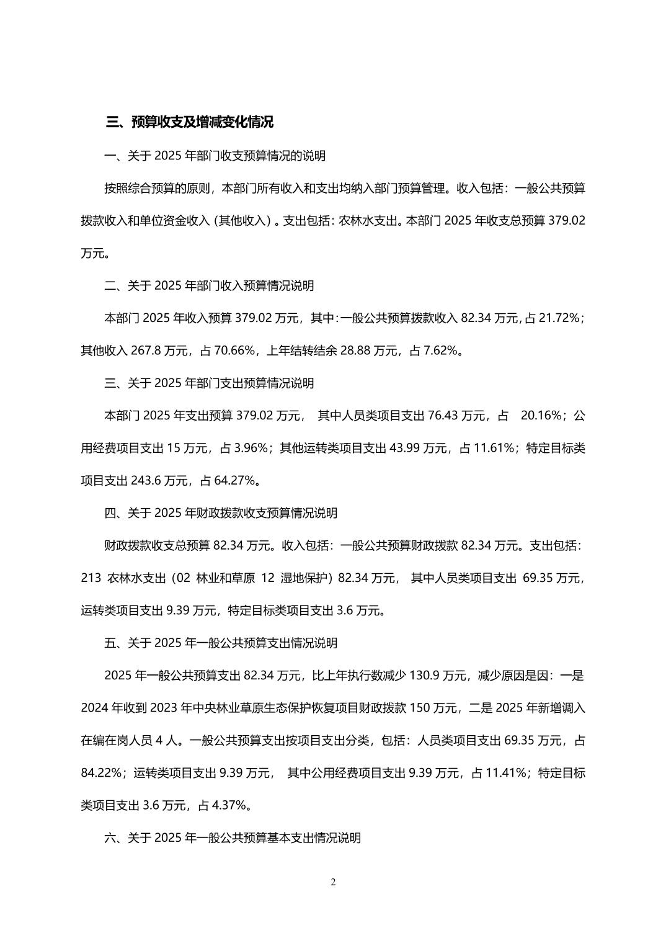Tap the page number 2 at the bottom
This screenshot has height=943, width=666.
pyautogui.click(x=333, y=882)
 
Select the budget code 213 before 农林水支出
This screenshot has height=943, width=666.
pyautogui.click(x=91, y=578)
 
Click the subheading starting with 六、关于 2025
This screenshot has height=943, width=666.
pyautogui.click(x=233, y=838)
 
